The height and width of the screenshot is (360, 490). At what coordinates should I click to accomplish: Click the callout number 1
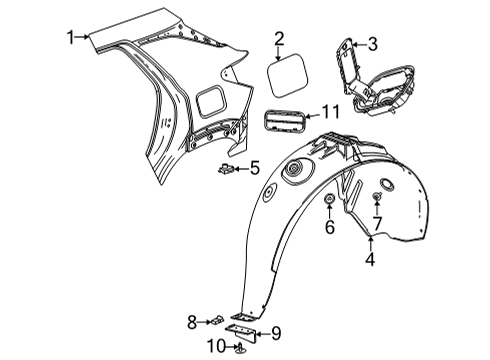[71, 38]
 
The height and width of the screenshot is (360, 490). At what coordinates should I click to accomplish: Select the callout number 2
[280, 40]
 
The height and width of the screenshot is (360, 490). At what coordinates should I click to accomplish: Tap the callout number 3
[372, 43]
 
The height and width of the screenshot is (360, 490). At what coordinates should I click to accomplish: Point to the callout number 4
[370, 262]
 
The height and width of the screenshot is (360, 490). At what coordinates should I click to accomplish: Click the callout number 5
[254, 167]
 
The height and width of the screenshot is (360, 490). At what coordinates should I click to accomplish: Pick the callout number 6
[329, 229]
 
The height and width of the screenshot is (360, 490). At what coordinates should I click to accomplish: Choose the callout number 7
[377, 221]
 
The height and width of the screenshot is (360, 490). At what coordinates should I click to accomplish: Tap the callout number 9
[277, 334]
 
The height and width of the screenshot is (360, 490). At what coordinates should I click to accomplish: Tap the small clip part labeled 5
[227, 169]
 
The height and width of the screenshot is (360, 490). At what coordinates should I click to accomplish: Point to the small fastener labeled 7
[377, 195]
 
